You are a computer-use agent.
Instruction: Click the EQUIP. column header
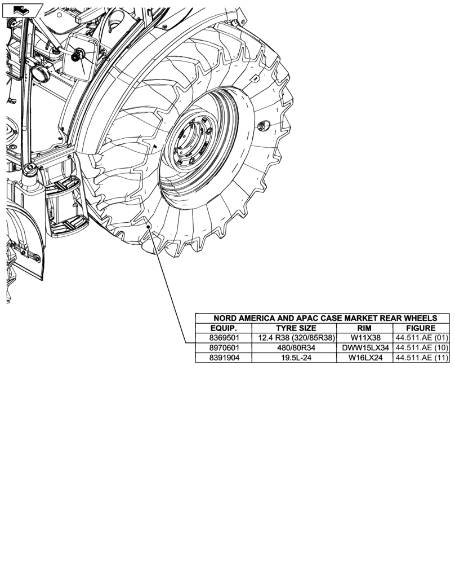point(224,328)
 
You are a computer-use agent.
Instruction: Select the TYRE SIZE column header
point(296,328)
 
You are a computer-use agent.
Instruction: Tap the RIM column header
point(365,328)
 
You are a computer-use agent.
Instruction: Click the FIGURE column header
point(421,328)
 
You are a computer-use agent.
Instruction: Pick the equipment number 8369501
point(224,338)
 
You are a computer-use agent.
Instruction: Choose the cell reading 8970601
point(224,348)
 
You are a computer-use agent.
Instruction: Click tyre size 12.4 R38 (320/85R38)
point(296,338)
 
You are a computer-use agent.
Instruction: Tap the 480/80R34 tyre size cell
point(296,348)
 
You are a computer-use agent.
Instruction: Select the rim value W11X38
point(365,338)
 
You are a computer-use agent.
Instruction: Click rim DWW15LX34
point(365,348)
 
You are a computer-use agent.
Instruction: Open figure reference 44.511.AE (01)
point(421,338)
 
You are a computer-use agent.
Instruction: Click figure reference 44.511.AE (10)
point(421,348)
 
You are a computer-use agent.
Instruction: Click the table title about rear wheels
point(322,318)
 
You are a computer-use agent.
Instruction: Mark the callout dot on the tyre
point(148,227)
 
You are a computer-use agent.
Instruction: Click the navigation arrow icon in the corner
point(20,9)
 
